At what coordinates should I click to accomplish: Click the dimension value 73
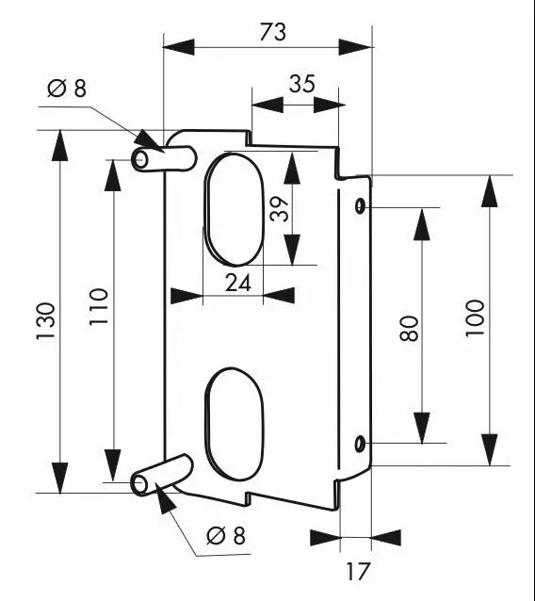(x=272, y=32)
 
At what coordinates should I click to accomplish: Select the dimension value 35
(x=302, y=84)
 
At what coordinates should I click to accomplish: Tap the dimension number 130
(x=46, y=321)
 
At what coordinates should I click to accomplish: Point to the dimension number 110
(x=99, y=307)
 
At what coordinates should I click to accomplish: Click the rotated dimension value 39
(x=279, y=209)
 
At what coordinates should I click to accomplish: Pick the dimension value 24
(x=237, y=284)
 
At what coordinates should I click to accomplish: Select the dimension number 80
(x=409, y=329)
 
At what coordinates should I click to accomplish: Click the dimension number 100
(x=476, y=318)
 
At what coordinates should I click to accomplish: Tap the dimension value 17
(x=359, y=572)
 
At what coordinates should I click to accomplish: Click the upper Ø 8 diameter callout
(x=67, y=89)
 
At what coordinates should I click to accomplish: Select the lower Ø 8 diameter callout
(x=226, y=535)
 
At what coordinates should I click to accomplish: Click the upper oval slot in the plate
(x=235, y=209)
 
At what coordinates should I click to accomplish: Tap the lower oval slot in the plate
(x=235, y=424)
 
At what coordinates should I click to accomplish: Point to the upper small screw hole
(x=360, y=206)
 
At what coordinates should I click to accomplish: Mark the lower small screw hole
(x=360, y=444)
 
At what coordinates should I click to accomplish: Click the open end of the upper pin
(x=140, y=159)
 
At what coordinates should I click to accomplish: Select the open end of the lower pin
(x=140, y=484)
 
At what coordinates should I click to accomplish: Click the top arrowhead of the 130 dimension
(x=59, y=146)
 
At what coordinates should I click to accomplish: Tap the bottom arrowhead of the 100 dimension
(x=490, y=450)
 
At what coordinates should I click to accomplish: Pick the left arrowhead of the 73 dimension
(x=179, y=47)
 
